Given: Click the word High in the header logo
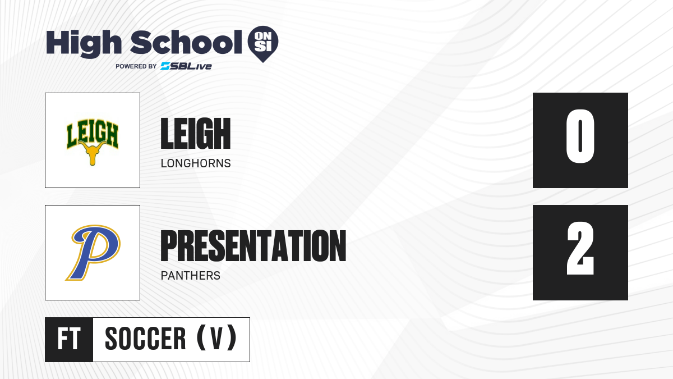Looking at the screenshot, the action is [x=84, y=43].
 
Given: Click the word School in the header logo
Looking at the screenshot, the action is [x=186, y=42].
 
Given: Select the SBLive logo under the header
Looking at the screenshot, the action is [x=186, y=66].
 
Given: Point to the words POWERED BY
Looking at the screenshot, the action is [x=136, y=66].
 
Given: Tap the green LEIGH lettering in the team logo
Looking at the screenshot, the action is [x=93, y=133].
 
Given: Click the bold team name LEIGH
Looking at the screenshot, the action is [x=196, y=133].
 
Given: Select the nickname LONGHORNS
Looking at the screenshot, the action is [x=196, y=163].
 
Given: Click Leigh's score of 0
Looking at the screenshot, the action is [x=580, y=136].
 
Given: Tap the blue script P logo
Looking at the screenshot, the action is [x=93, y=253].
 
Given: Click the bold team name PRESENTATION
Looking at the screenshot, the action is [x=253, y=246].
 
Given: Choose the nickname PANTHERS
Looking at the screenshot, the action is [x=191, y=276].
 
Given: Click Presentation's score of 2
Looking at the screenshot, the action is [x=580, y=248].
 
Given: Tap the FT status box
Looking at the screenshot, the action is [x=69, y=339].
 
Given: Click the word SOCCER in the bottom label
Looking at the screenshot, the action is [x=145, y=339].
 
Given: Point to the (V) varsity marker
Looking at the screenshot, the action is [x=216, y=338].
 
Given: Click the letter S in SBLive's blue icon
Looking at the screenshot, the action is [x=165, y=66].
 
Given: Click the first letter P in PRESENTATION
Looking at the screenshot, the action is [x=169, y=246].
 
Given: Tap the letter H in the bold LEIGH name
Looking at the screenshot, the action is [x=223, y=133].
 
